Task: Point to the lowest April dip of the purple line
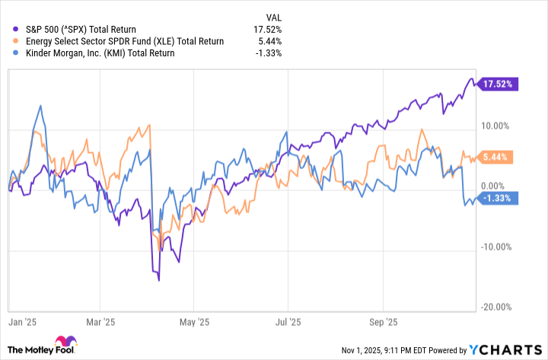tap(158, 280)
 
